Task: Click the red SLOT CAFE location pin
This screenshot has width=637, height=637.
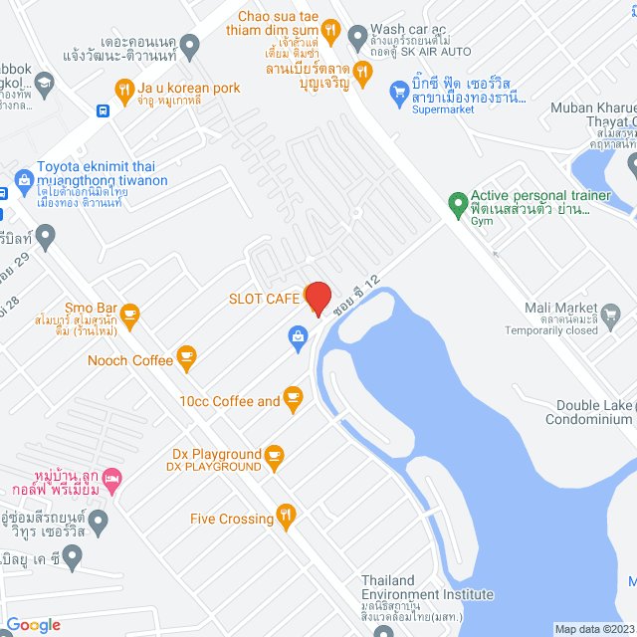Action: pos(318,298)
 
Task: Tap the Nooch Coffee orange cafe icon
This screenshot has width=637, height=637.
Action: pos(185,355)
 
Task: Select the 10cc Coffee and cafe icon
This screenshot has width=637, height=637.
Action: pos(293,398)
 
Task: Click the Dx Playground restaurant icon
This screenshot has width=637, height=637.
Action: pos(275,456)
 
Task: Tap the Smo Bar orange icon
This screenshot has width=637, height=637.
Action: pos(129,315)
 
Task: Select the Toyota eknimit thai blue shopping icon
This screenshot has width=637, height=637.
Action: pos(24,180)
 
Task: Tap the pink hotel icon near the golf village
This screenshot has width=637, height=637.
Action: pos(112,482)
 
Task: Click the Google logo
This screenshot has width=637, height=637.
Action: pos(34,625)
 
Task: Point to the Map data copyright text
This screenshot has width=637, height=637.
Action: pos(593,629)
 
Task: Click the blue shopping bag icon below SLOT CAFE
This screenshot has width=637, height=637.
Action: pos(297,337)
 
